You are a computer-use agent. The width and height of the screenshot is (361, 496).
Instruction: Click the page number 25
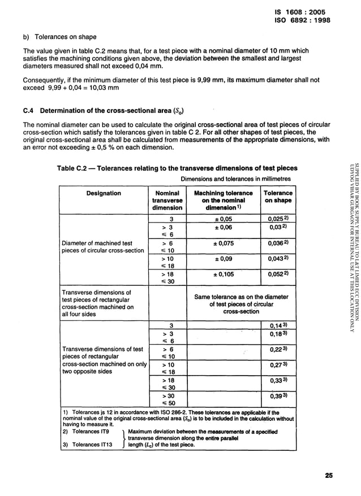tap(329, 475)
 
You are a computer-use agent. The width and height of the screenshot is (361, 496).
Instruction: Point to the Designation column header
tap(104, 193)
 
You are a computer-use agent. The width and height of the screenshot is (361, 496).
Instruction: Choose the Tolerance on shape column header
tap(278, 197)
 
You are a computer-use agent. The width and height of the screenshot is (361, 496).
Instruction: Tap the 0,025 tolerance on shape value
tap(278, 219)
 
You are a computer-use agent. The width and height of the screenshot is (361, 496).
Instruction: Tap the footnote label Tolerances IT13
tap(91, 444)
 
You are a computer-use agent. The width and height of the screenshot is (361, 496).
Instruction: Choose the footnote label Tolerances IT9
tap(89, 432)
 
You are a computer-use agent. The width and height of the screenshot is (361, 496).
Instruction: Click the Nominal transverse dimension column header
tap(167, 200)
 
